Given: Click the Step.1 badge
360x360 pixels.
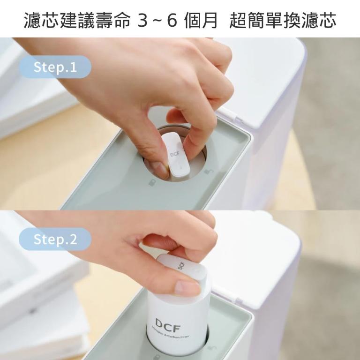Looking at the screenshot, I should coord(55,67).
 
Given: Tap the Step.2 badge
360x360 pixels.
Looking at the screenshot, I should coord(55,239).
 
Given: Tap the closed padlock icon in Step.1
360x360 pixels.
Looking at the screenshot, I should coord(152,182).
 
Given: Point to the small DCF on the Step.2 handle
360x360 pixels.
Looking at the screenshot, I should coord(181,265).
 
